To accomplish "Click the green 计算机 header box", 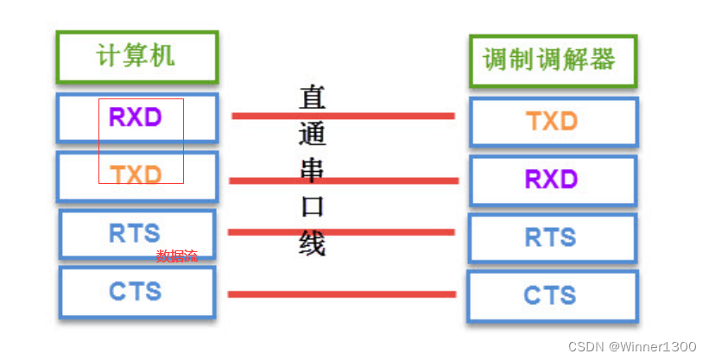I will point(136,57).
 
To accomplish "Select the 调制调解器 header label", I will point(549,60).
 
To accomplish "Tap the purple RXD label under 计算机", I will point(135,116).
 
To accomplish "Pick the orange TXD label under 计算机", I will point(136,175).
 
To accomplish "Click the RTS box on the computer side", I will point(136,234).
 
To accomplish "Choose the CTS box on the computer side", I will point(136,292).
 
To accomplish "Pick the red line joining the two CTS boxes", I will point(341,294).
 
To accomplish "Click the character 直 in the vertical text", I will point(312,97).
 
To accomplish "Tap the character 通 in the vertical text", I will point(312,134).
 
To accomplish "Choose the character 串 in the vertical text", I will point(312,170).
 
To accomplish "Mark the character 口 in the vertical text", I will point(312,206).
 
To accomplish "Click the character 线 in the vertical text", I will point(312,243).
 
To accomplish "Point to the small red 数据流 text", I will point(177,256).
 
